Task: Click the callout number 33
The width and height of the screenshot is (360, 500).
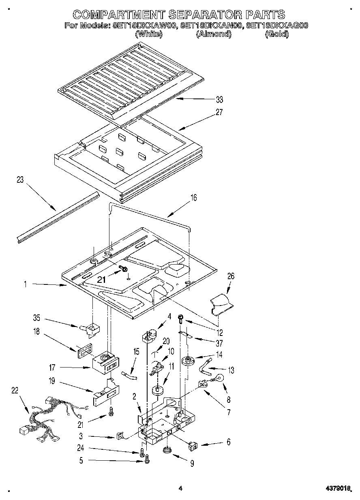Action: pos(219,100)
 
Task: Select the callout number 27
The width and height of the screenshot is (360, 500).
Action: pos(219,113)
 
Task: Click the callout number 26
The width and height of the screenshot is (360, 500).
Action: pos(231,276)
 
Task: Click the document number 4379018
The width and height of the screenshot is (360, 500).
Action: pos(336,489)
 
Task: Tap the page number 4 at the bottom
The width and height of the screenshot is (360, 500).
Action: pos(181,489)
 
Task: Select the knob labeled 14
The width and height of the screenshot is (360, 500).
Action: pos(188,360)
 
